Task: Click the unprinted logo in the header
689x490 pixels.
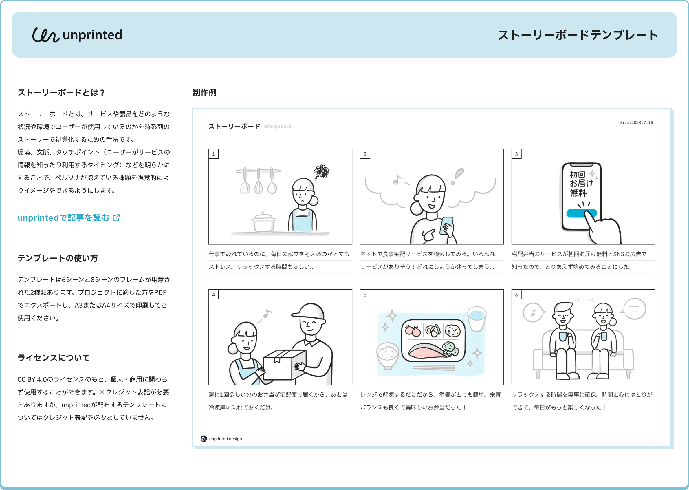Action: click(x=77, y=35)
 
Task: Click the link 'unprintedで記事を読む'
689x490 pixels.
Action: click(x=63, y=217)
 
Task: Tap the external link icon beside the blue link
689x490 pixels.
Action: click(x=116, y=217)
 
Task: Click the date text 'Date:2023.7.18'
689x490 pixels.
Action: click(x=636, y=122)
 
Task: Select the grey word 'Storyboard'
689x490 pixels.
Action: click(x=278, y=127)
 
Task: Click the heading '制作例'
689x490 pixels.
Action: click(x=204, y=92)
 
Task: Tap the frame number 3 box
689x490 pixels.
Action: click(x=516, y=154)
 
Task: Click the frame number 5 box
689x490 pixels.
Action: click(x=365, y=295)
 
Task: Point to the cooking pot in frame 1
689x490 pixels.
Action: click(x=263, y=222)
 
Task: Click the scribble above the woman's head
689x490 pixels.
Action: click(x=322, y=172)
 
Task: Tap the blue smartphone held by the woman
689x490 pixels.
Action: click(x=446, y=225)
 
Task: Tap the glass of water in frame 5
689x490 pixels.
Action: click(x=477, y=319)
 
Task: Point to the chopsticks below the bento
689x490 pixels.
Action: click(x=434, y=368)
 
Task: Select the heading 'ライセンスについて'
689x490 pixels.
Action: click(x=54, y=358)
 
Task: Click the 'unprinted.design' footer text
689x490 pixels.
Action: click(x=226, y=439)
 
